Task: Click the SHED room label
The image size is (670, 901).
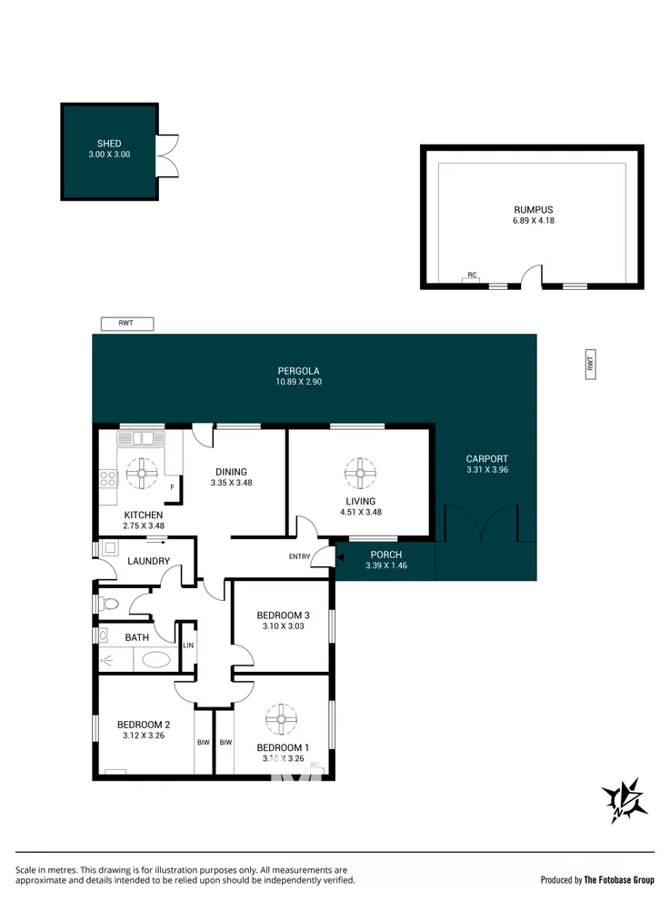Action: (x=109, y=144)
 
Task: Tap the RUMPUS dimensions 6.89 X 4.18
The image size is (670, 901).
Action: (x=533, y=220)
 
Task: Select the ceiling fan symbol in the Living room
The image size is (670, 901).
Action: (x=360, y=471)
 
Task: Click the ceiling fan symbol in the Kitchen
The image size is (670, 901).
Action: (x=144, y=471)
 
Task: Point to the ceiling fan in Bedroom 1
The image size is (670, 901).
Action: (x=281, y=720)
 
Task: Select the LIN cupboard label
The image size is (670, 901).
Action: (x=188, y=646)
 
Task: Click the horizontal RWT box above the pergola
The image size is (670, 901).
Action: (x=127, y=323)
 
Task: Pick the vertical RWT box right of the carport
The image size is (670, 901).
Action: (x=590, y=364)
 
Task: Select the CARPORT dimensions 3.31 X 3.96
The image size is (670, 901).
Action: (x=486, y=470)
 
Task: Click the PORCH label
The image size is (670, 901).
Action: (x=385, y=555)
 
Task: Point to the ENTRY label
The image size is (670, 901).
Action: (x=299, y=556)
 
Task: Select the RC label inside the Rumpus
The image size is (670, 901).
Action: (x=471, y=275)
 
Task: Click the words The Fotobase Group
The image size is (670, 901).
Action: (x=618, y=880)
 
